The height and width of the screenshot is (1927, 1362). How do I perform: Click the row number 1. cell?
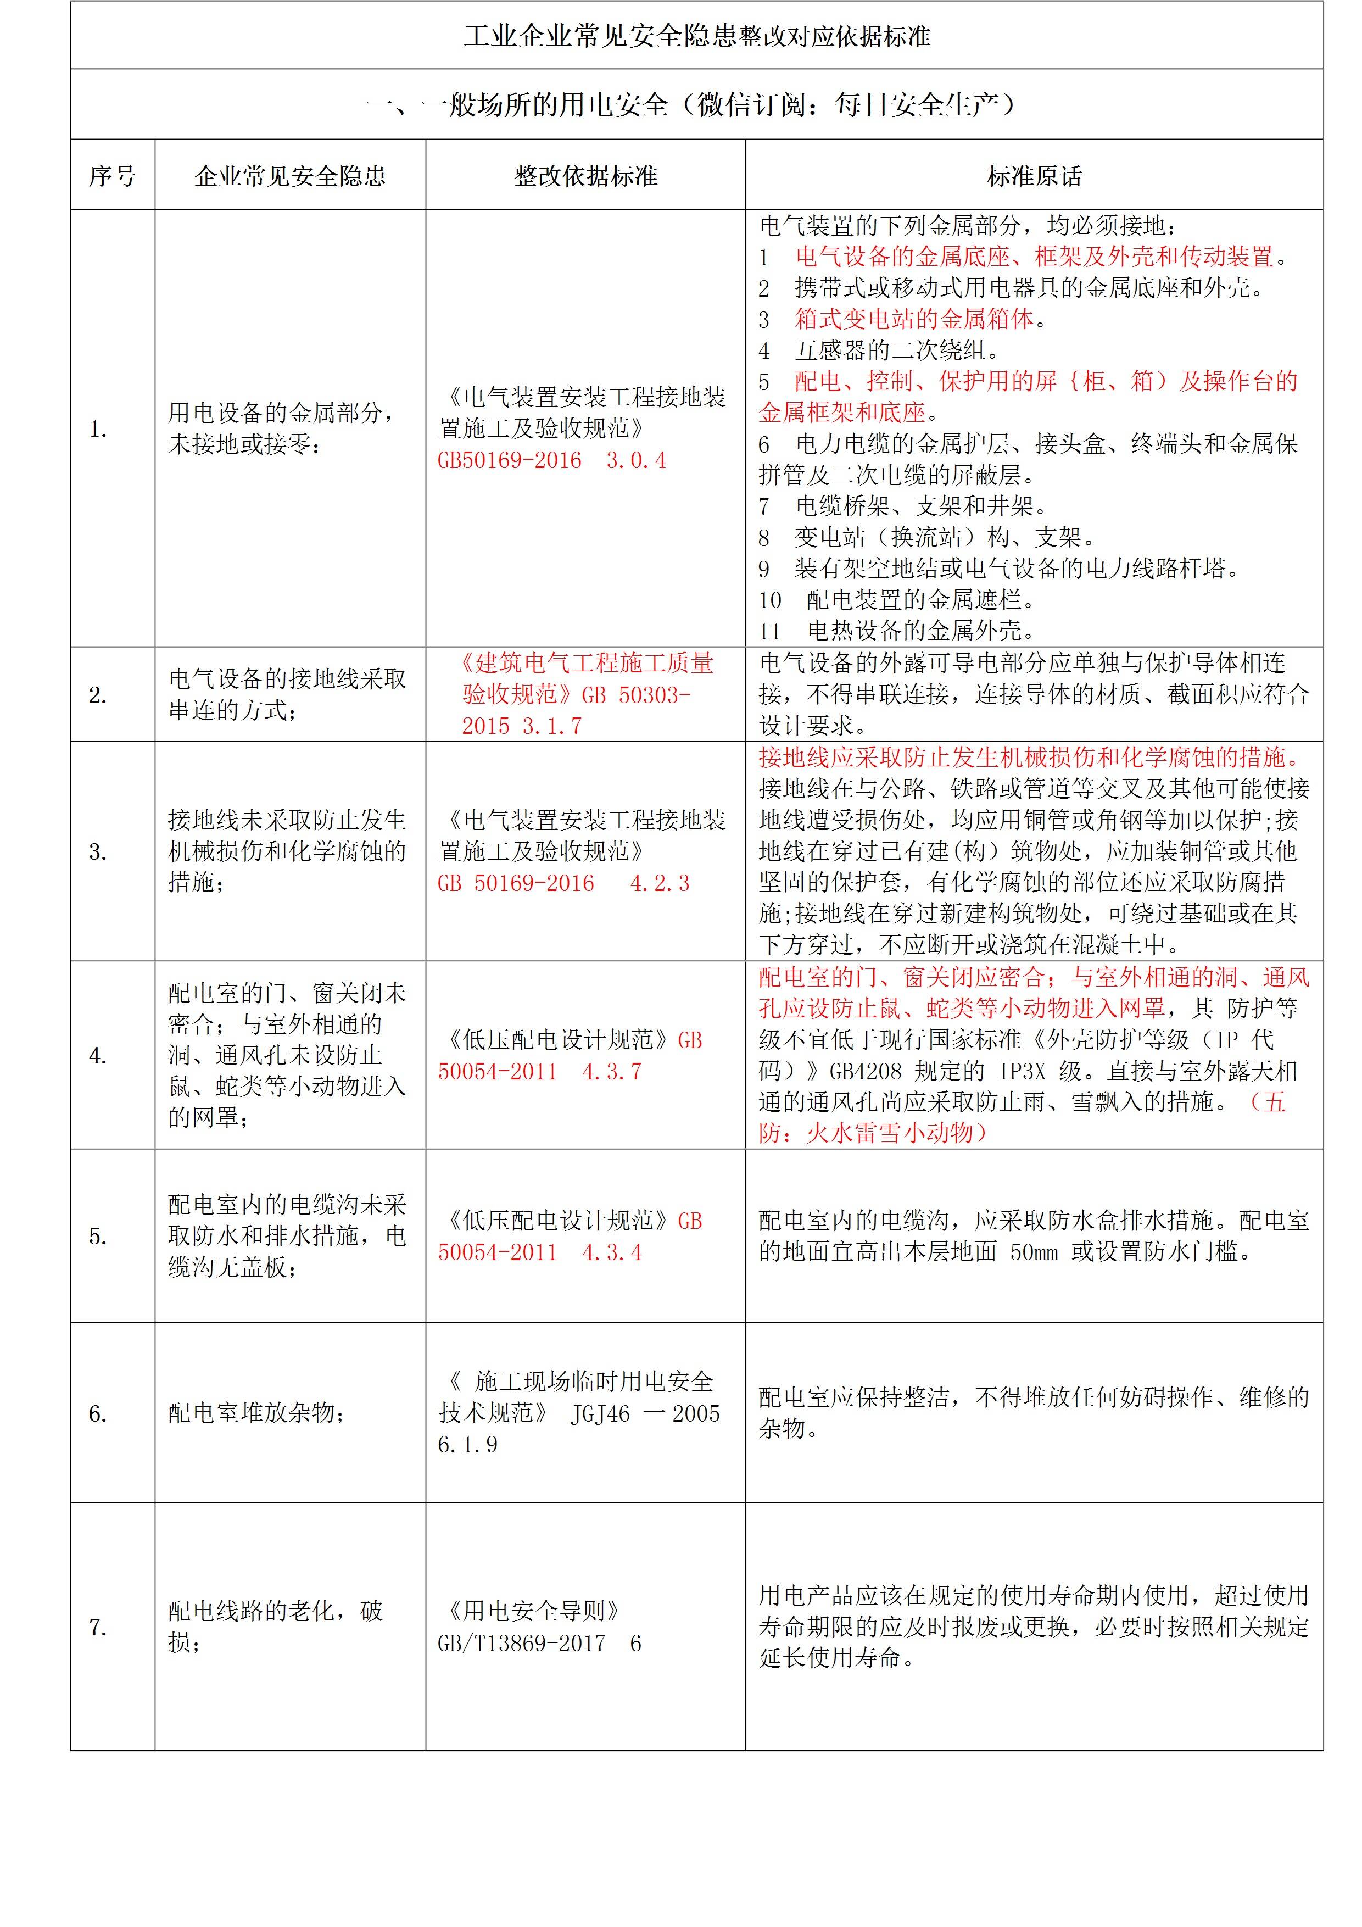tap(98, 429)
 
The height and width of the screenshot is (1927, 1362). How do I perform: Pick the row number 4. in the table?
tap(98, 1055)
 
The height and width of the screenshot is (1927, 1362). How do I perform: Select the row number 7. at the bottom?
tap(98, 1628)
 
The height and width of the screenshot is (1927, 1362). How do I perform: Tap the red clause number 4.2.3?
tap(660, 883)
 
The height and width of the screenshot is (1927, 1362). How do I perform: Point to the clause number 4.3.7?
tap(612, 1072)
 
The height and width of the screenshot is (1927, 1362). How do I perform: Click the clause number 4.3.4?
tap(612, 1252)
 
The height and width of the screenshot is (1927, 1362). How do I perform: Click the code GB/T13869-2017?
tap(521, 1644)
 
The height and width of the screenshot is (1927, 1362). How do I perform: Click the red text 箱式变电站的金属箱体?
tap(915, 319)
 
